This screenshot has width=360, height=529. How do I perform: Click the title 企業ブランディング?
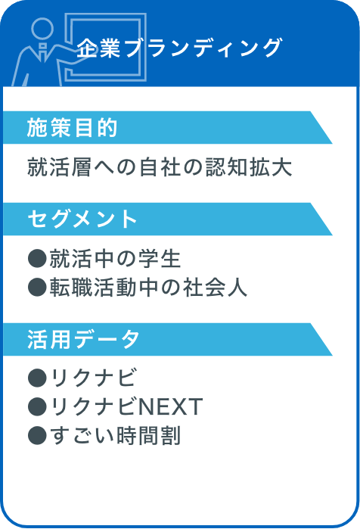point(179,48)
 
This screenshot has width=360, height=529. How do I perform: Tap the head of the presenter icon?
point(42,29)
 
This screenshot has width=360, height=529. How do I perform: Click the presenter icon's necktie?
point(43,51)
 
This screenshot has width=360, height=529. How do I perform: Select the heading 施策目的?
point(72,128)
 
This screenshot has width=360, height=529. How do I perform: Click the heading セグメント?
point(82,219)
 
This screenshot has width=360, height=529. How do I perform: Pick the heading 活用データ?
point(83,339)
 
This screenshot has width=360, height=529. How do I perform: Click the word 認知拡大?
point(249,167)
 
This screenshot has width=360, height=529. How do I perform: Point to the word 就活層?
point(59,167)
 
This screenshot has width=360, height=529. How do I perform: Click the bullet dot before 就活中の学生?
point(37,259)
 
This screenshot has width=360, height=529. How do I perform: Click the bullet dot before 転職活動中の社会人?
point(37,288)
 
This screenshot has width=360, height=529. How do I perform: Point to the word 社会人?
point(215,288)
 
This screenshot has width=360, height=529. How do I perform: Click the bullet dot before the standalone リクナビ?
point(37,378)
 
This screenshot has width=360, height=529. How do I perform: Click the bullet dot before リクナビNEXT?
point(37,406)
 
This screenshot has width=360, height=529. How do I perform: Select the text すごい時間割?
point(116,436)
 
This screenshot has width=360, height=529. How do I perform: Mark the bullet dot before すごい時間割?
point(37,436)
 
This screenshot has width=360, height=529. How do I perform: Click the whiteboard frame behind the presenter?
point(143,47)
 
